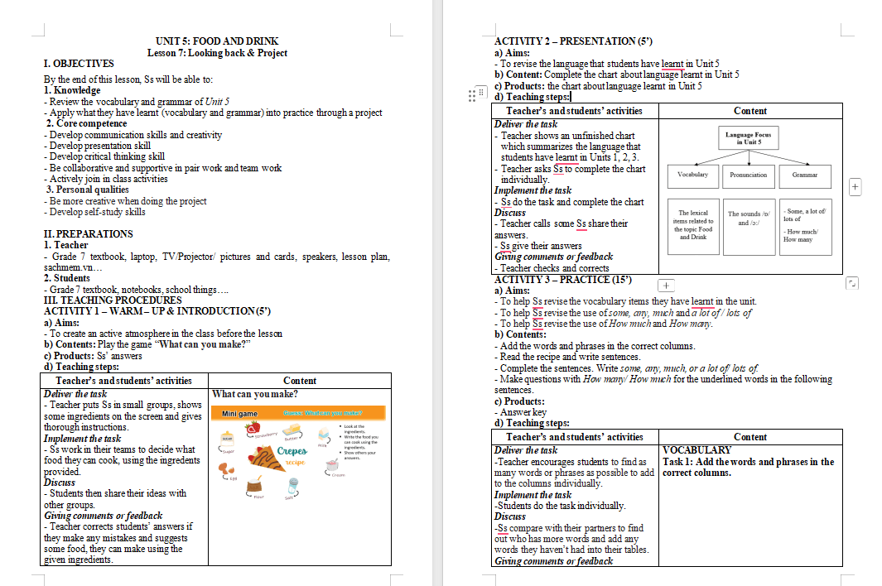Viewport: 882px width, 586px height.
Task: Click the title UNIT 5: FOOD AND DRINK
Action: point(217,41)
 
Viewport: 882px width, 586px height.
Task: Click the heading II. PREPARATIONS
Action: point(88,234)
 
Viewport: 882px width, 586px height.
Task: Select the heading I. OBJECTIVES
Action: point(79,64)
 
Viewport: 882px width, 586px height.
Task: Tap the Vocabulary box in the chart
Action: point(692,175)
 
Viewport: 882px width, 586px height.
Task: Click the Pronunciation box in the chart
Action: point(748,175)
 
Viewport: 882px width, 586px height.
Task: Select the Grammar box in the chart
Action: point(804,175)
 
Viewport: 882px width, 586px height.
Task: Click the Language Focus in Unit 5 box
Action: point(748,138)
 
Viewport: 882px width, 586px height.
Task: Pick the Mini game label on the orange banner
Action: point(239,413)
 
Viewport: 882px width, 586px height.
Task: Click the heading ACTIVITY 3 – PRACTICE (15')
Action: point(562,280)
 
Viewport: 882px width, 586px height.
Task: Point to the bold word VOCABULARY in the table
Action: point(686,450)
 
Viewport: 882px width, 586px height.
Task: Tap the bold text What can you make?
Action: point(255,394)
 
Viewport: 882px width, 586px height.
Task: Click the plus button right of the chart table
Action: point(855,187)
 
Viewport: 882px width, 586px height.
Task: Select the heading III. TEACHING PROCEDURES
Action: point(113,300)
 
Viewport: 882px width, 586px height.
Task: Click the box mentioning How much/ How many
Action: point(804,225)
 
